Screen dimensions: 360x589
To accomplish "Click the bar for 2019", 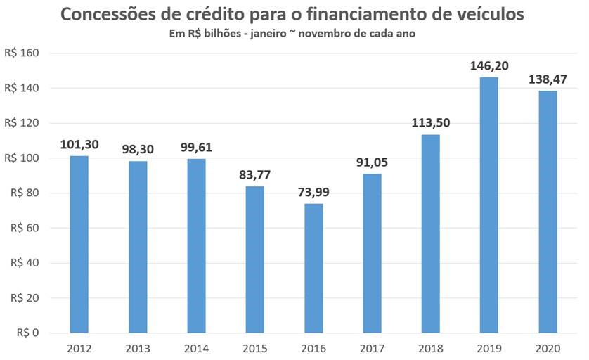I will click(489, 205).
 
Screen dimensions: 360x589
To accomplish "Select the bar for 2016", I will click(313, 268).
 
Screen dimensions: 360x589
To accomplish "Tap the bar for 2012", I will click(79, 244).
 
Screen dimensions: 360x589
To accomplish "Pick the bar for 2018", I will click(431, 233).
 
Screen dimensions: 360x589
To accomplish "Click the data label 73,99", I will click(313, 193).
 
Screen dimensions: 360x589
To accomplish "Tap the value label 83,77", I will click(255, 175).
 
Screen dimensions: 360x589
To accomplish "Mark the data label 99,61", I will click(197, 148).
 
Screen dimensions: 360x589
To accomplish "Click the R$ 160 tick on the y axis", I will click(23, 53).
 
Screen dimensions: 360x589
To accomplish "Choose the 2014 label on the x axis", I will click(197, 349).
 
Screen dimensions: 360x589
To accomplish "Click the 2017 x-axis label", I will click(373, 349).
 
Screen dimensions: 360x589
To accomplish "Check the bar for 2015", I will click(255, 259).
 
